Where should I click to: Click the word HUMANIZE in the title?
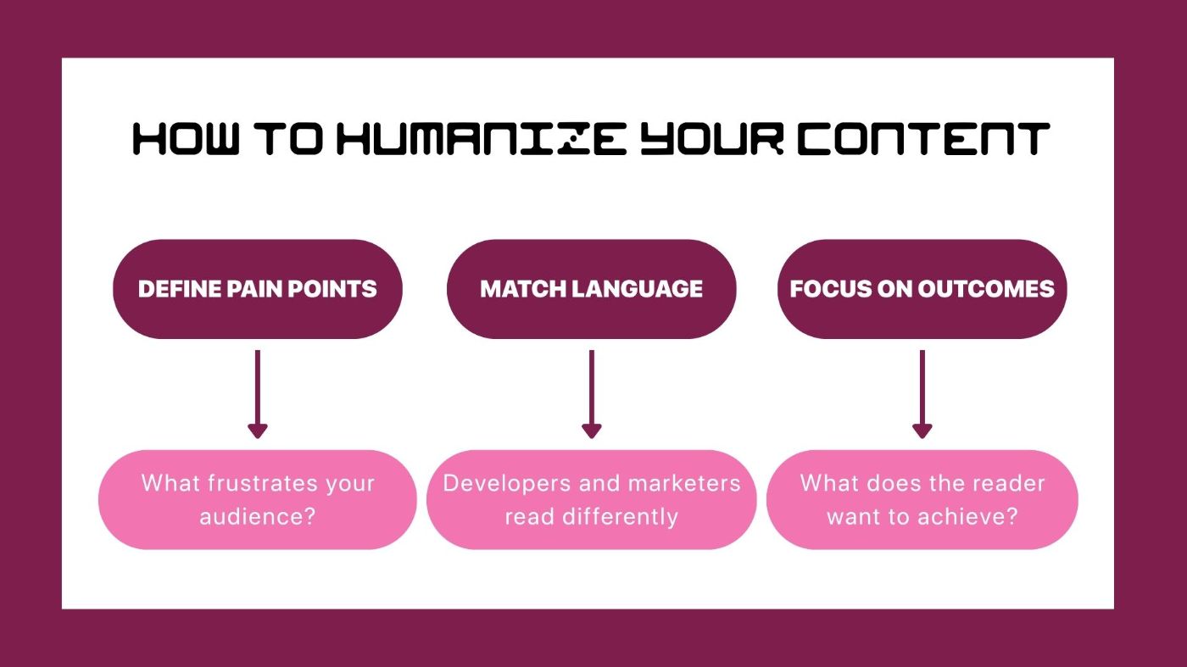(482, 139)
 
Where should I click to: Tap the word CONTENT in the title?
(923, 139)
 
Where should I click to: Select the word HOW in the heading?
(186, 139)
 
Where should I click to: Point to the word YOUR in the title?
(712, 139)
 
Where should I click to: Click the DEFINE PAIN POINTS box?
(258, 289)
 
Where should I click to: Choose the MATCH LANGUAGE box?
(592, 289)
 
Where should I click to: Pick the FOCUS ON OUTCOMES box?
(922, 289)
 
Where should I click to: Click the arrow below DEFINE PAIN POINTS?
(258, 394)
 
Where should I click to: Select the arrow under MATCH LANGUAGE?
(592, 394)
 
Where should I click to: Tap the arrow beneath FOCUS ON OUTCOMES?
(922, 394)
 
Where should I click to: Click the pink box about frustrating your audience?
(258, 499)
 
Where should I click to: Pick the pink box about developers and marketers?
(592, 499)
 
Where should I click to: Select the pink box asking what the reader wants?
(922, 499)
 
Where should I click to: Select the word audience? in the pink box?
(258, 516)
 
